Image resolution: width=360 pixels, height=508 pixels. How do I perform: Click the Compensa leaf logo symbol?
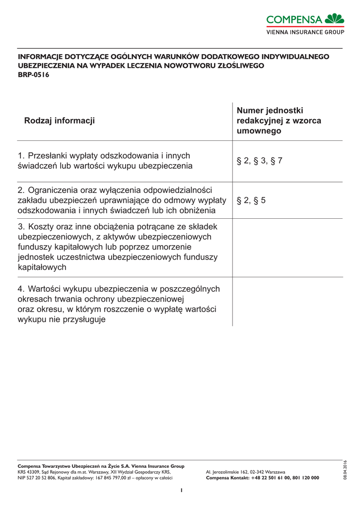[334, 19]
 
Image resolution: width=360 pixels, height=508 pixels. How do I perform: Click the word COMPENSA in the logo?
[294, 20]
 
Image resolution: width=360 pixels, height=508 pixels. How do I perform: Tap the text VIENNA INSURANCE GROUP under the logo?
[305, 32]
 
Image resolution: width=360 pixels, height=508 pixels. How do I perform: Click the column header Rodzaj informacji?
[59, 121]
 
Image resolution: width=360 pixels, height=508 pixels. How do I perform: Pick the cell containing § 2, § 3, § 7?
[259, 161]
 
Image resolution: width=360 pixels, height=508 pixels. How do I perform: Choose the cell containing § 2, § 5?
[251, 200]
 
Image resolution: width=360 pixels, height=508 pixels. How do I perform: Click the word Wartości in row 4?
[45, 289]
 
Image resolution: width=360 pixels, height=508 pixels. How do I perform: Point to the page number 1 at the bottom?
[182, 490]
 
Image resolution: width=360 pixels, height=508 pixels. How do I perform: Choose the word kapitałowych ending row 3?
[42, 267]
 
